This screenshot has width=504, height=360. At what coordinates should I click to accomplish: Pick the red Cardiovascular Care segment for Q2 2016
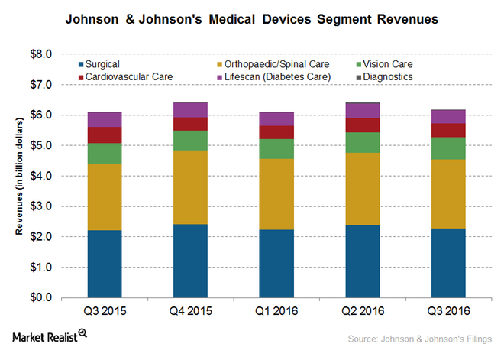click(362, 125)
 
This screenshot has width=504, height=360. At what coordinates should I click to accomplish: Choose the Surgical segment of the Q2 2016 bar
click(362, 261)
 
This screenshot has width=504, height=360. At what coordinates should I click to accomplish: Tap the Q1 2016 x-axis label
click(276, 312)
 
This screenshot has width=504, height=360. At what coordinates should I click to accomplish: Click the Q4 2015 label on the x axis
click(190, 312)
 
